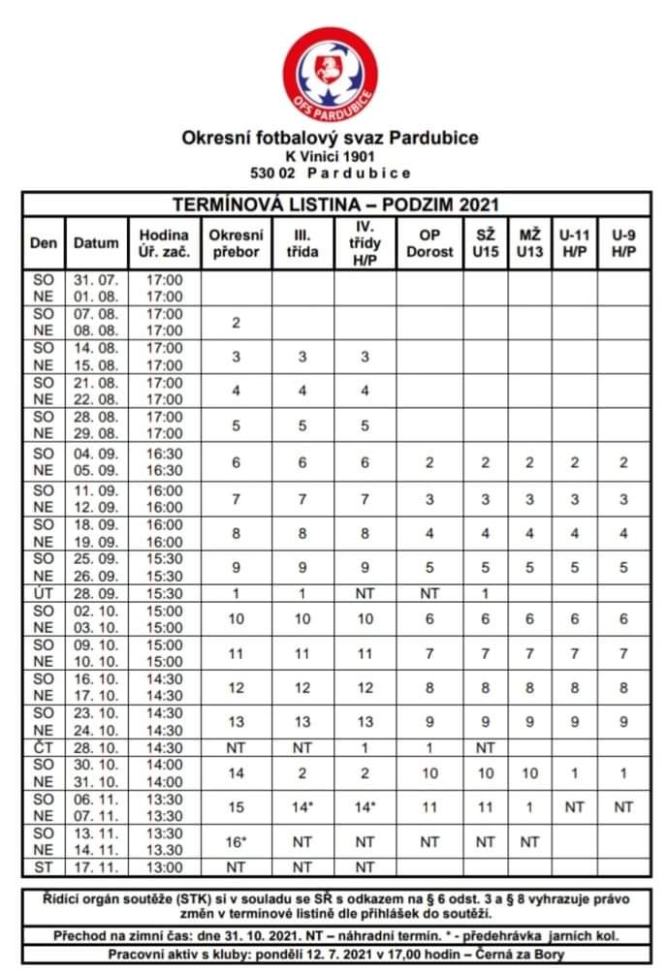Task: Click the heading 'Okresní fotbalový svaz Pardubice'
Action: (x=331, y=138)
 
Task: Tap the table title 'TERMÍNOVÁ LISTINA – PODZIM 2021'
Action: (x=334, y=204)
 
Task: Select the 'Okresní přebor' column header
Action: (x=236, y=242)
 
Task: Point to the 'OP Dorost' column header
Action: (x=429, y=242)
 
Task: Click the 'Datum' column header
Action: (x=96, y=243)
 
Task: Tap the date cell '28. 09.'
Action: (x=96, y=591)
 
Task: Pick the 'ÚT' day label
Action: (x=44, y=591)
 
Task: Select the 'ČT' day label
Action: (x=44, y=749)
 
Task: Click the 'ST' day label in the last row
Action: (x=44, y=867)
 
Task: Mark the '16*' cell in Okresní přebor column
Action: (x=236, y=841)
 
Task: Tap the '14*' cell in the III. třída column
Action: (x=302, y=807)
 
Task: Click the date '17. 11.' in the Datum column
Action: (x=96, y=867)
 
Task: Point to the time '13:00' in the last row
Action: (x=164, y=867)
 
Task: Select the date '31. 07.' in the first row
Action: (x=96, y=279)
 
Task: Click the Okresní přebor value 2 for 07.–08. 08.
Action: (x=236, y=322)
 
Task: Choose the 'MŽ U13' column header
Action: (x=529, y=242)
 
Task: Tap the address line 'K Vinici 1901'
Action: (x=331, y=156)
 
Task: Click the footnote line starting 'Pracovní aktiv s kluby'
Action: (x=333, y=955)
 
